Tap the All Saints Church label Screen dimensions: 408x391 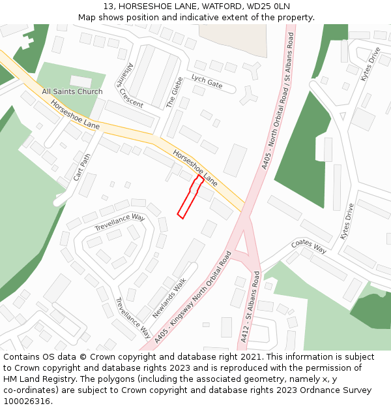[72, 91]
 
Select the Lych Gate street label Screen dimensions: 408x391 [207, 82]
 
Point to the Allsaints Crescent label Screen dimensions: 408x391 [130, 85]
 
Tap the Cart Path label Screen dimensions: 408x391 [82, 166]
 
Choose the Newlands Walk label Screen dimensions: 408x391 [169, 298]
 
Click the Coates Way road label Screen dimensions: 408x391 [309, 247]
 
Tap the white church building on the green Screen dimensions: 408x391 [81, 82]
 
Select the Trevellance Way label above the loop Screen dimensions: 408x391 [119, 222]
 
